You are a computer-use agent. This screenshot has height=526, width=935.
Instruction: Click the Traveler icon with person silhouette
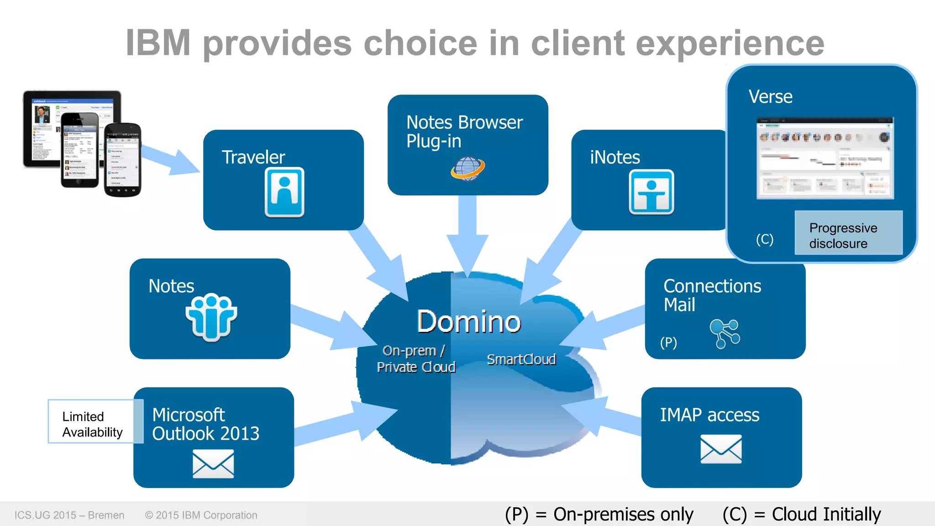[284, 192]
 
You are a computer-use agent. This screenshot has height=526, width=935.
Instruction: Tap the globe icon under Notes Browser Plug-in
[467, 169]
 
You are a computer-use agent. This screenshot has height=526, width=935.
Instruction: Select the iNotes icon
[651, 192]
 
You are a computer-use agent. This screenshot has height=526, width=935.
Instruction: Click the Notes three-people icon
[211, 317]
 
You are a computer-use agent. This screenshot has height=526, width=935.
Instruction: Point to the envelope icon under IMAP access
[721, 449]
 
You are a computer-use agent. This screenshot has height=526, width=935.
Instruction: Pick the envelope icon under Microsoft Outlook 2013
[213, 464]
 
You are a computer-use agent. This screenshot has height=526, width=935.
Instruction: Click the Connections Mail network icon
[725, 334]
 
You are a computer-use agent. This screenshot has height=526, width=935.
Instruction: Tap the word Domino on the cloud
[469, 321]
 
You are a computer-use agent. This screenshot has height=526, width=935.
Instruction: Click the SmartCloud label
[521, 359]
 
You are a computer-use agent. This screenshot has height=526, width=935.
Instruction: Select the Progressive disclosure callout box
[848, 233]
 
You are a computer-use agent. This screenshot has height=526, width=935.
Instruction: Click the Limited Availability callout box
[91, 421]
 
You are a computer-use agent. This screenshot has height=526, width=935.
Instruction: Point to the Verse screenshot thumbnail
[825, 158]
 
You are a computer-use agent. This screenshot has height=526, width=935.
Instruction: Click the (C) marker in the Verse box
[764, 239]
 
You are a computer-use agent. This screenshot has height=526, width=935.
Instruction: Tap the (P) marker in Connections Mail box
[668, 342]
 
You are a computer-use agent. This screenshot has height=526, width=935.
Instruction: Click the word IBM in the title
[158, 43]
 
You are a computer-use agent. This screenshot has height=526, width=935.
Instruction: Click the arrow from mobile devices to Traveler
[171, 160]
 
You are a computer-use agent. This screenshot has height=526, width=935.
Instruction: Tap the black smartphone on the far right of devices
[123, 160]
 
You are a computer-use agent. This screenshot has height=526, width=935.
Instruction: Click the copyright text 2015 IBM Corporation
[201, 515]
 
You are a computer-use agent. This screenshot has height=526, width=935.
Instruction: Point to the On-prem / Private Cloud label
[415, 359]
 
